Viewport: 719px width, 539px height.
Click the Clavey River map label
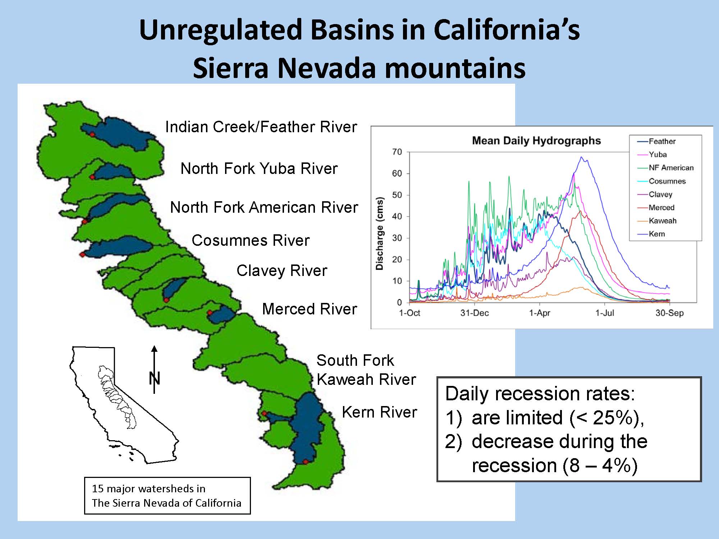282,271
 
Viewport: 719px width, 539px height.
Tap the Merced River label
310,309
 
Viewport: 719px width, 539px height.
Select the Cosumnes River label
251,240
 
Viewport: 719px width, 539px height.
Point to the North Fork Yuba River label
259,169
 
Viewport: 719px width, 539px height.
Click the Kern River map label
379,412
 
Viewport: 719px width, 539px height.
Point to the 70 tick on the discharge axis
397,152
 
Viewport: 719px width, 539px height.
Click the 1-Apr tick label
540,313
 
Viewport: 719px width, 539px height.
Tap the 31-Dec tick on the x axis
475,313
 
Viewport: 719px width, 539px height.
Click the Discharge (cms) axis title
380,234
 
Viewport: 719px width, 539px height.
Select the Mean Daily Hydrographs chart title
536,140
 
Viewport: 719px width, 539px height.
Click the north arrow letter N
155,378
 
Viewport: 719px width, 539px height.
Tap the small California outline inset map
124,405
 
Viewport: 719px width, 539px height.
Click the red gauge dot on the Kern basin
306,462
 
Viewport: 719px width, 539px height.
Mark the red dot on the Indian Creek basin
92,134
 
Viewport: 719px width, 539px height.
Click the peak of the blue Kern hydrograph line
581,157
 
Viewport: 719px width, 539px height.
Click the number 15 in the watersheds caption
97,489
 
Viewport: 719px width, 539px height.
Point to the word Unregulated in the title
220,30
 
